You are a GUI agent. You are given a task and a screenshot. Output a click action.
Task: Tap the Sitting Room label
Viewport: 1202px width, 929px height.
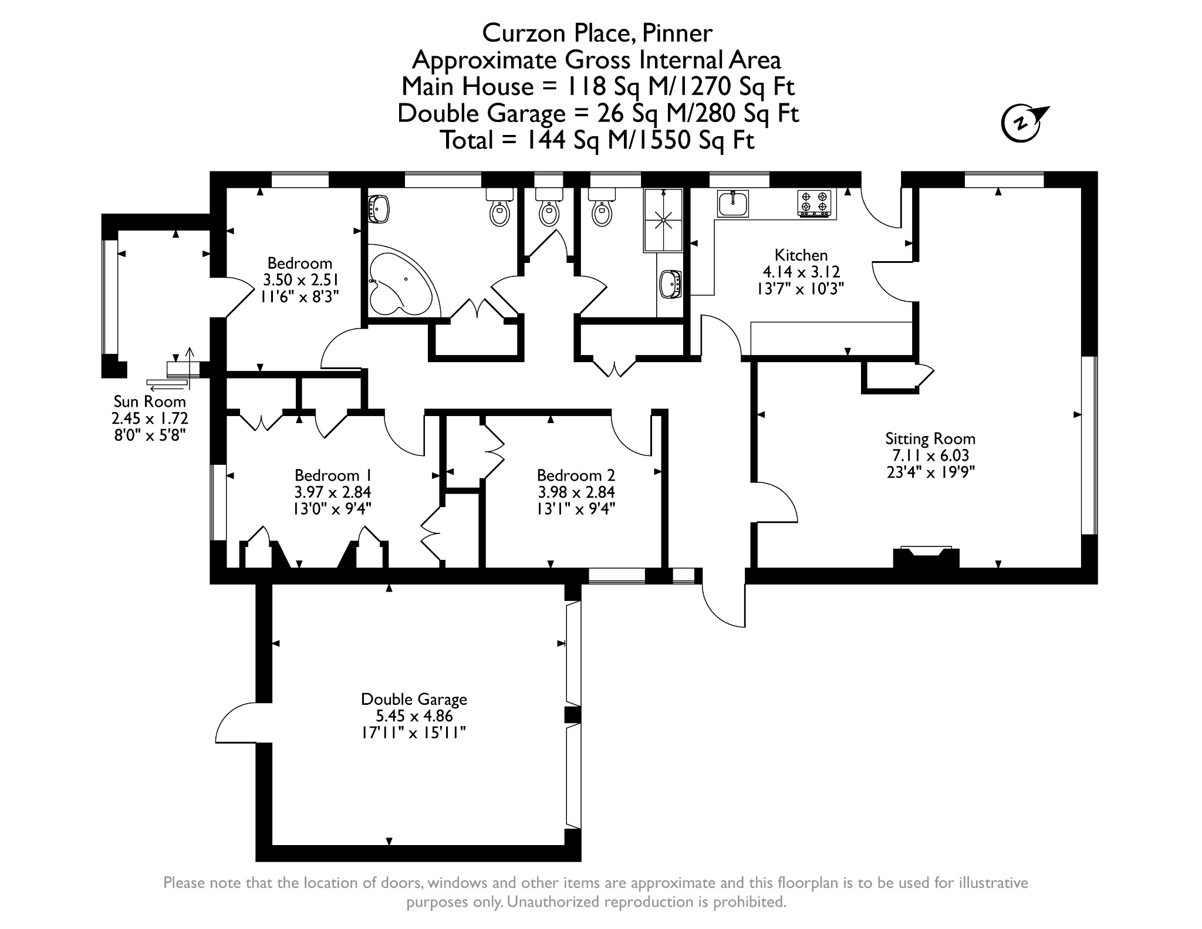930,438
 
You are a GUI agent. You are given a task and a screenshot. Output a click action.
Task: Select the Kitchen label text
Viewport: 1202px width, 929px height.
801,255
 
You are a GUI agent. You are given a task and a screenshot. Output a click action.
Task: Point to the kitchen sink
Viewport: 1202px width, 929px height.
733,204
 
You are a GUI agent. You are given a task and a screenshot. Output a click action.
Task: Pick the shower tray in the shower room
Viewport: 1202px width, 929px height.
663,220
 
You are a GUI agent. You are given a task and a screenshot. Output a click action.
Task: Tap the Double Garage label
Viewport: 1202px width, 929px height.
414,699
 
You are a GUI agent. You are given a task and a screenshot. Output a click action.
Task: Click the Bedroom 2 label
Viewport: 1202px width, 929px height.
576,475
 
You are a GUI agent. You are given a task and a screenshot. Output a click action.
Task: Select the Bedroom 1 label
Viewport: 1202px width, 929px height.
333,475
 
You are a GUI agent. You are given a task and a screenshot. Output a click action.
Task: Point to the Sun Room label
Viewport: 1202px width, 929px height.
150,401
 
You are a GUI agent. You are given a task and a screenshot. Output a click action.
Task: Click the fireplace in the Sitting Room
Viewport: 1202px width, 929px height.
926,557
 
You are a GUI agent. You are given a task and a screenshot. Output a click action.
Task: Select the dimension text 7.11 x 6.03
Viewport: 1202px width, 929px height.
931,455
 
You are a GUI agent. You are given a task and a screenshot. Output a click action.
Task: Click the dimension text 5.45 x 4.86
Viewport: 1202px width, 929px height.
414,716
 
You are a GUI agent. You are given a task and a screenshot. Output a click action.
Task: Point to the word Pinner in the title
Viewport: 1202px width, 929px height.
677,33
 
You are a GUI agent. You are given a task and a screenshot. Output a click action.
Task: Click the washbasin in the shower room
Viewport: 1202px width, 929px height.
671,285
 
